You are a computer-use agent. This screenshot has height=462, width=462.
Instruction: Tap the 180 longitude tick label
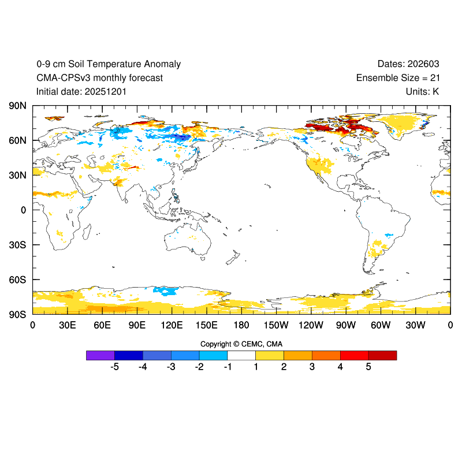point(241,325)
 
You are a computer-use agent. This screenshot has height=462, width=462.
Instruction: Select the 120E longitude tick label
point(172,325)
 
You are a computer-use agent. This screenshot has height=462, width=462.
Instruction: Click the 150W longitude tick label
point(276,325)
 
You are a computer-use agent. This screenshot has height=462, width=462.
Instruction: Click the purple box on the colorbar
point(100,355)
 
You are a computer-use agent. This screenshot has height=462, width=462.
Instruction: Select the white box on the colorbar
point(241,355)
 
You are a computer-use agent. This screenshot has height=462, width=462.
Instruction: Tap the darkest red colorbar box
point(382,355)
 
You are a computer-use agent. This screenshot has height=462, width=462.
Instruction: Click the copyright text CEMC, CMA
point(241,344)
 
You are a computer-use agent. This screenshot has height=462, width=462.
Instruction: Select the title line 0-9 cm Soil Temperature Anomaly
point(109,64)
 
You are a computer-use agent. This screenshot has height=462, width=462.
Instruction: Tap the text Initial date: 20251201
point(81,91)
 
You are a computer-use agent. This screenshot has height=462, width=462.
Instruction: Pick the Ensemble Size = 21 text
point(397,78)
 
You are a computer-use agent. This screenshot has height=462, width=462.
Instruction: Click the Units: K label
point(422,91)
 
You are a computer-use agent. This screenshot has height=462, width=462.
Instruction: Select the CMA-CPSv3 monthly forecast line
point(99,78)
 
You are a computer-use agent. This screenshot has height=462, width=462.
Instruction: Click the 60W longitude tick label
point(381,325)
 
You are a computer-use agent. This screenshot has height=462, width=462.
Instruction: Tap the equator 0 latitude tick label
point(24,210)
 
